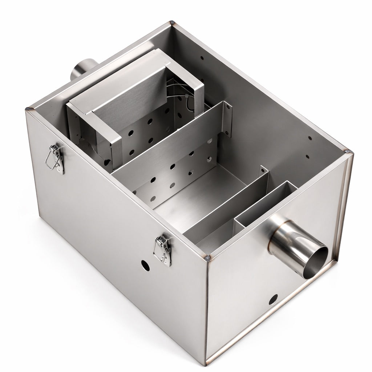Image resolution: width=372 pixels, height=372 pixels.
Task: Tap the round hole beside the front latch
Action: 145,265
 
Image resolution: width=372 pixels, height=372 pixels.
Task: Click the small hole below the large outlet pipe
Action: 273,300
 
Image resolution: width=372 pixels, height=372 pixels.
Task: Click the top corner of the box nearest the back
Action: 172,24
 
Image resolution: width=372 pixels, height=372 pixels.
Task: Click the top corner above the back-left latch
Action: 29,109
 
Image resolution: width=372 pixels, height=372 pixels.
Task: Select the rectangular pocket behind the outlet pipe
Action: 265,205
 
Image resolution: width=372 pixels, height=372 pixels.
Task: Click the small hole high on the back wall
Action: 202,57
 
